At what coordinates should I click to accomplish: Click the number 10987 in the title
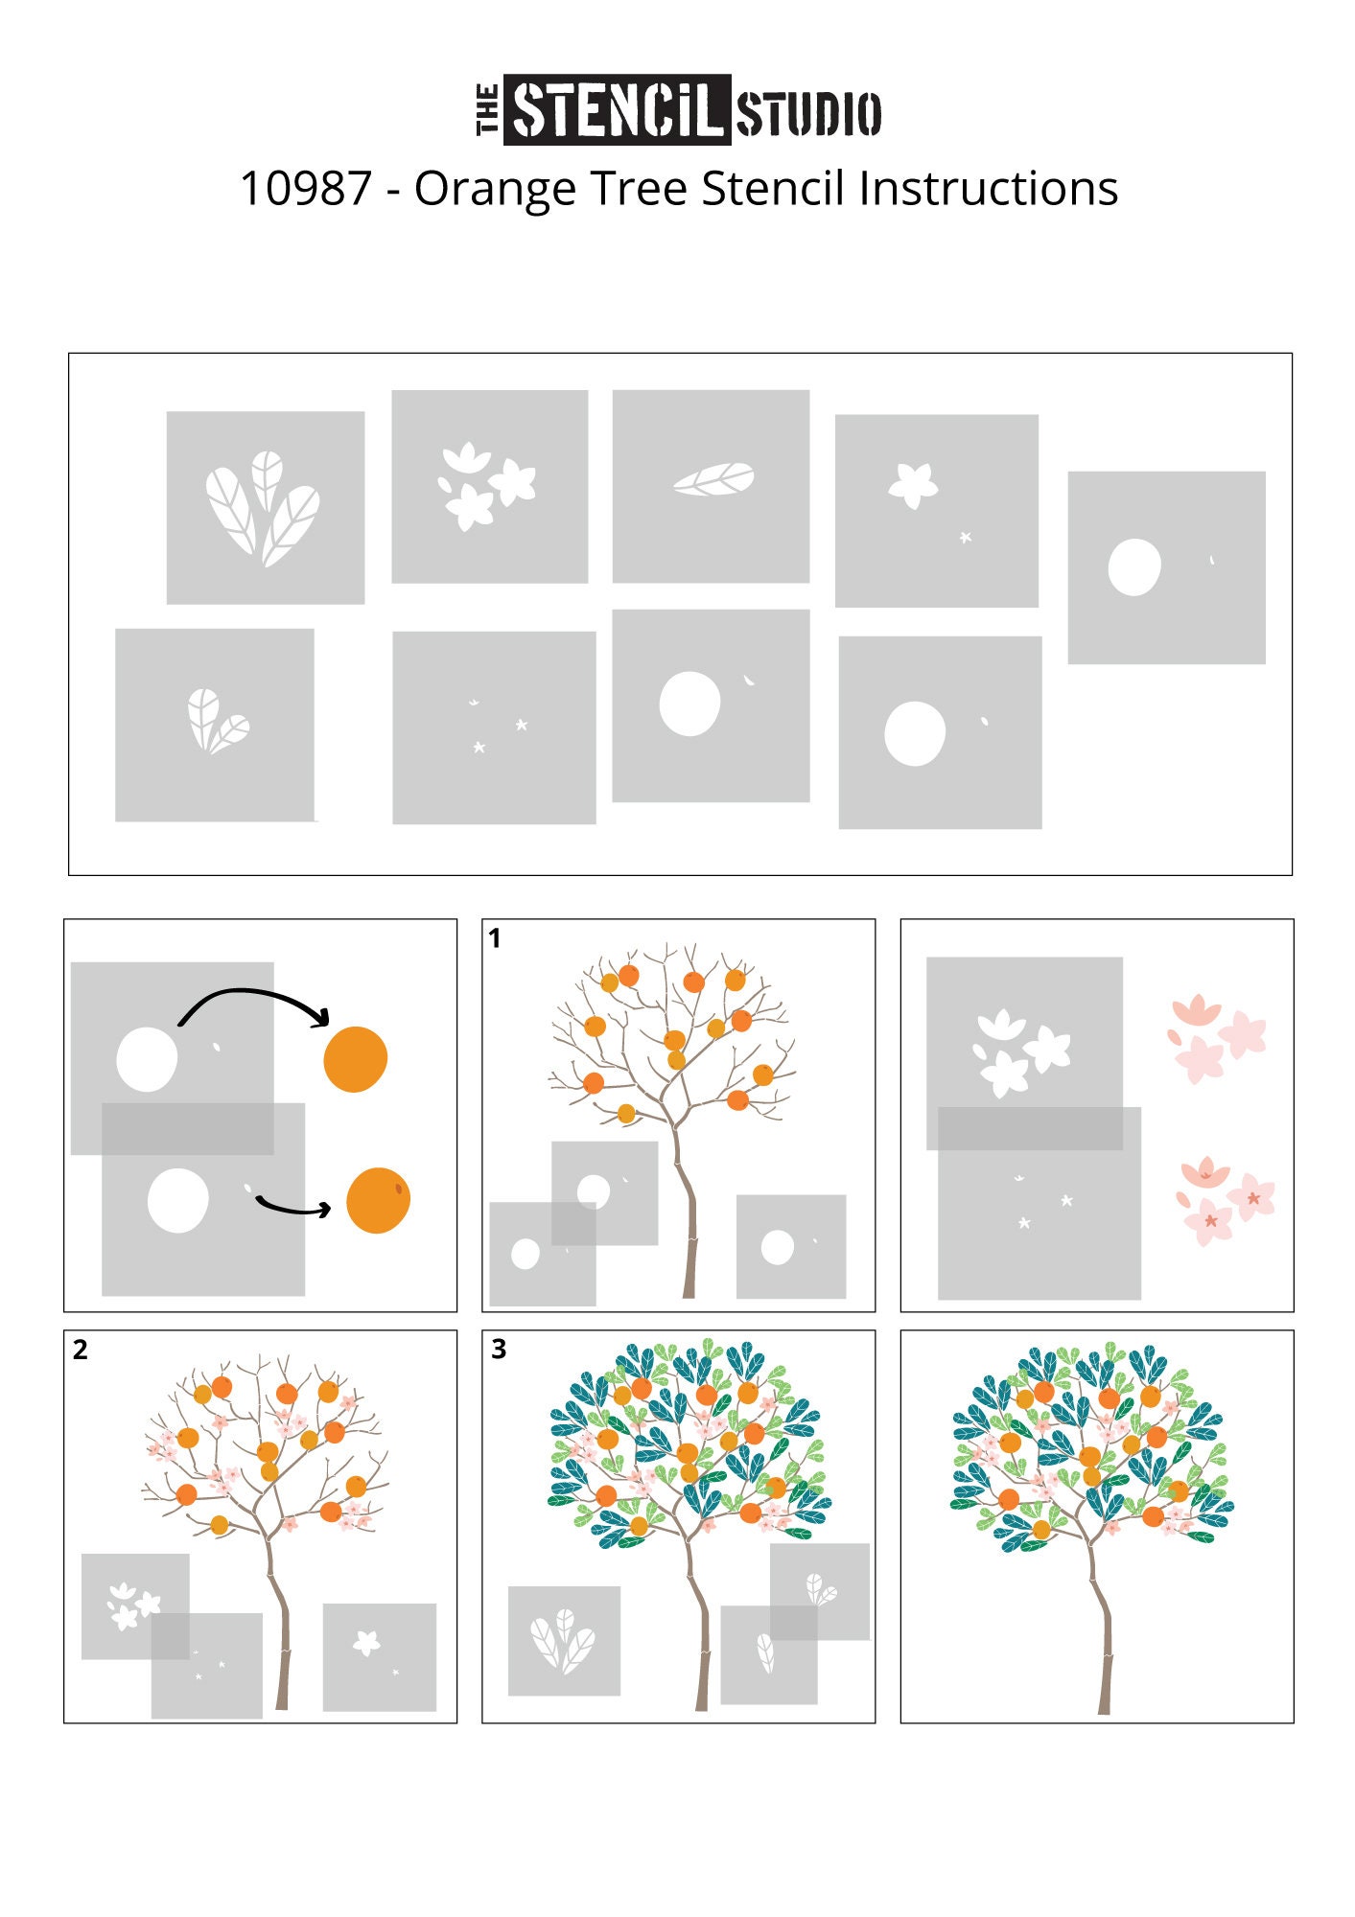(305, 189)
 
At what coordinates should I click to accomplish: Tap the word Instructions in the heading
(988, 189)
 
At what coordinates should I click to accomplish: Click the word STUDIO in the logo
(808, 114)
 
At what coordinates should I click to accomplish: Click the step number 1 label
(495, 938)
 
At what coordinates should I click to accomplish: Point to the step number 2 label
(80, 1350)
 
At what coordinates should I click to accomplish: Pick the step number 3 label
(499, 1349)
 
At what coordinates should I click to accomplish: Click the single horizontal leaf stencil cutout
(713, 478)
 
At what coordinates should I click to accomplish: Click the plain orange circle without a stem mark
(356, 1059)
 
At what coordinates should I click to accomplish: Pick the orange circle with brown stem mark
(378, 1200)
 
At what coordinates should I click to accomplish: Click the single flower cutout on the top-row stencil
(912, 484)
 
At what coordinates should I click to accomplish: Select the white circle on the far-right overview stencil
(1134, 567)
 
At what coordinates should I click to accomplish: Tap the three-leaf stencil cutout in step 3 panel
(564, 1641)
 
